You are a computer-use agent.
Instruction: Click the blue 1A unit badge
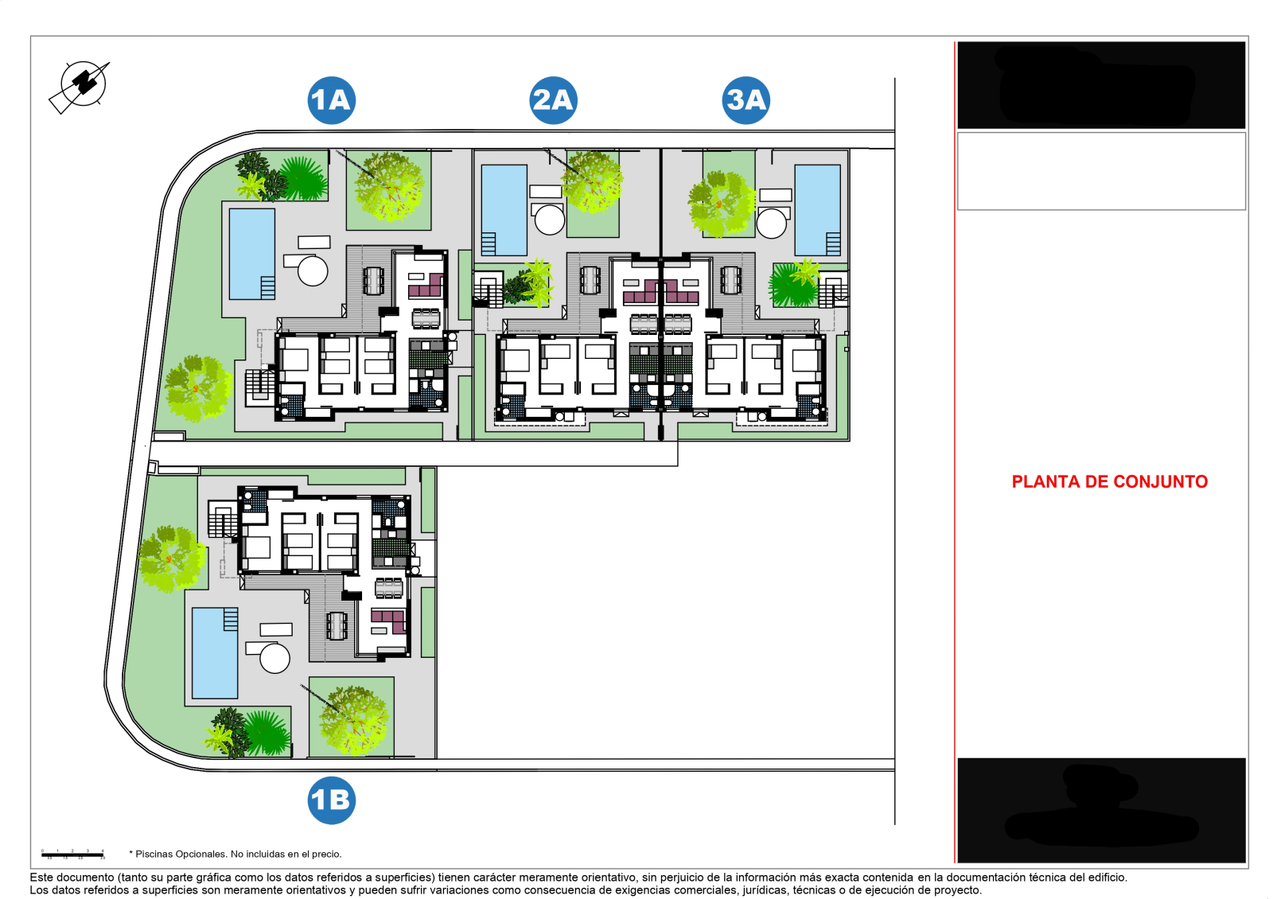331,100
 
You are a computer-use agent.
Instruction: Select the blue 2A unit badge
553,100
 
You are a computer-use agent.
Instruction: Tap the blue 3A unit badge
746,100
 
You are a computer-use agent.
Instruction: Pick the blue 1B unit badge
331,800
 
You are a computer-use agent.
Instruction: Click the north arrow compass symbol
82,84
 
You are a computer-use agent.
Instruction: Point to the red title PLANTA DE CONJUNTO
1109,481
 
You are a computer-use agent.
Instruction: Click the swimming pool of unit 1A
251,247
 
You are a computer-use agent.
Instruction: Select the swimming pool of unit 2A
504,203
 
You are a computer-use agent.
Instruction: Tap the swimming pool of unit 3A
817,203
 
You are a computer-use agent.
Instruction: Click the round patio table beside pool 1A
313,270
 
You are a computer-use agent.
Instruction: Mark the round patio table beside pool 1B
274,659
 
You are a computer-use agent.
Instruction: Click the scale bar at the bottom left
72,855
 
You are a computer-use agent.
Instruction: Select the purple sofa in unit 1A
426,286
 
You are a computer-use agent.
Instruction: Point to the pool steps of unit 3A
833,243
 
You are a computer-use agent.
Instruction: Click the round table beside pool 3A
772,224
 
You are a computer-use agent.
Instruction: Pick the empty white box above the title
1101,171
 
